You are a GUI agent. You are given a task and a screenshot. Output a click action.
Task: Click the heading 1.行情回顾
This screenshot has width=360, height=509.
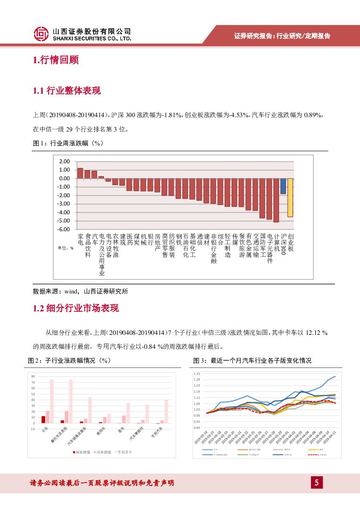(x=56, y=60)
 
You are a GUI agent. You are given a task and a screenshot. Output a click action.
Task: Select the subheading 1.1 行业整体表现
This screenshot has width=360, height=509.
(x=67, y=91)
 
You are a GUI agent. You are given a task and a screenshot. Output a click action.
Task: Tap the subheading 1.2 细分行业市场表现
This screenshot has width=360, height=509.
(x=76, y=308)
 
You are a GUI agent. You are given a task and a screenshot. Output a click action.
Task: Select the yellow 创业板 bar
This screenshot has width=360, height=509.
(x=290, y=198)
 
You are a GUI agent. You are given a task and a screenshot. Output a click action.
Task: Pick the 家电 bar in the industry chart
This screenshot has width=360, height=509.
(x=80, y=173)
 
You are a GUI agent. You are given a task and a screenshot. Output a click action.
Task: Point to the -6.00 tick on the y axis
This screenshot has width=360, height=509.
(x=64, y=229)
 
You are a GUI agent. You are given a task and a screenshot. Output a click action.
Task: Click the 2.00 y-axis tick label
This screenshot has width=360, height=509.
(x=64, y=161)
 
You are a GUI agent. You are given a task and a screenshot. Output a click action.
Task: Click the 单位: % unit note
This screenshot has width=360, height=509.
(x=66, y=248)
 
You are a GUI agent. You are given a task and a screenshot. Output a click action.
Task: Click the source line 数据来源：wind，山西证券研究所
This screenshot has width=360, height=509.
(x=81, y=291)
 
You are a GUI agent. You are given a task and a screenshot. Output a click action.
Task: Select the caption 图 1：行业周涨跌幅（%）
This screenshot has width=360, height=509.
(x=68, y=143)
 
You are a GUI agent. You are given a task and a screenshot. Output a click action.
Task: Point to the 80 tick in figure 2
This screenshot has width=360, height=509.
(x=33, y=376)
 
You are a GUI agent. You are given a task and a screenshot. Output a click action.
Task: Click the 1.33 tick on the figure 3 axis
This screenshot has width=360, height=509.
(x=197, y=374)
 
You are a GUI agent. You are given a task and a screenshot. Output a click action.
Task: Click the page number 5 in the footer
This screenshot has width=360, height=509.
(x=316, y=482)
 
